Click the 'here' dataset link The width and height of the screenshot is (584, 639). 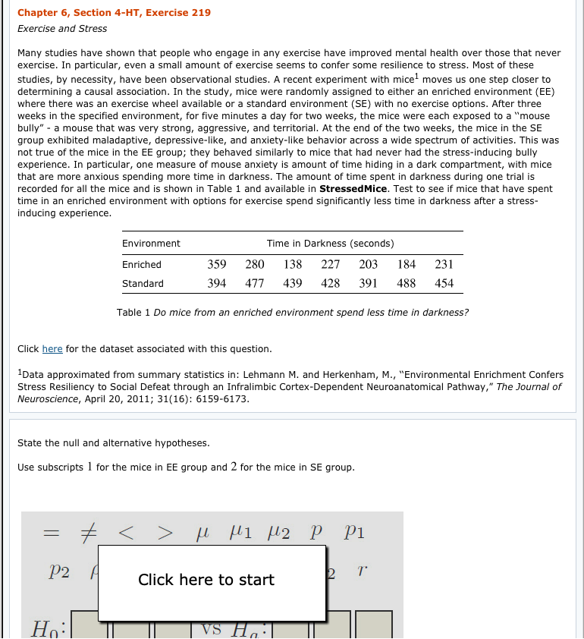(52, 349)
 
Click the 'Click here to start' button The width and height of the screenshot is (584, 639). (206, 580)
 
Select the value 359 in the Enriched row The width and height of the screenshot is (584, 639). (217, 265)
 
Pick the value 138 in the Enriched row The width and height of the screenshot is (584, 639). (293, 265)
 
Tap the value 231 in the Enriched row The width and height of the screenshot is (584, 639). (444, 265)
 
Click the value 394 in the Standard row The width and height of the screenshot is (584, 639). (217, 283)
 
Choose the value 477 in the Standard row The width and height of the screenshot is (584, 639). (255, 283)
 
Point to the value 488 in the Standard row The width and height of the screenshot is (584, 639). (407, 283)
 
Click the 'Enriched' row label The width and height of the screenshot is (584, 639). (142, 265)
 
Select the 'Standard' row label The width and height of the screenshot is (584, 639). (143, 284)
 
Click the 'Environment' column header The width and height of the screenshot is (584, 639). (151, 244)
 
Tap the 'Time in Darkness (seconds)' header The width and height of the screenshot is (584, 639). (330, 244)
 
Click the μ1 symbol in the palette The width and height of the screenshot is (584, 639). (240, 534)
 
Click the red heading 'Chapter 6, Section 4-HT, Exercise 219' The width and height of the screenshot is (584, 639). (114, 13)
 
